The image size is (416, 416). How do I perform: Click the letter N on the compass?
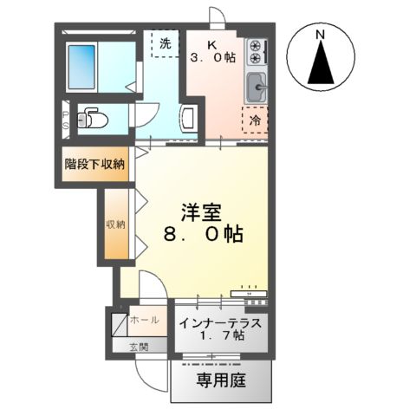click(x=321, y=35)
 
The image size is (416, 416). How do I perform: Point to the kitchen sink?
click(x=257, y=87)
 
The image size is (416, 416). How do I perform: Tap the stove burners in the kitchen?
click(x=256, y=52)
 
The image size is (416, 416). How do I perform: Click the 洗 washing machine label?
click(x=164, y=40)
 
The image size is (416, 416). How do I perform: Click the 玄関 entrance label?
click(x=139, y=347)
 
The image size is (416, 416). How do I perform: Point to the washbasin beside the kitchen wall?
click(x=190, y=119)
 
